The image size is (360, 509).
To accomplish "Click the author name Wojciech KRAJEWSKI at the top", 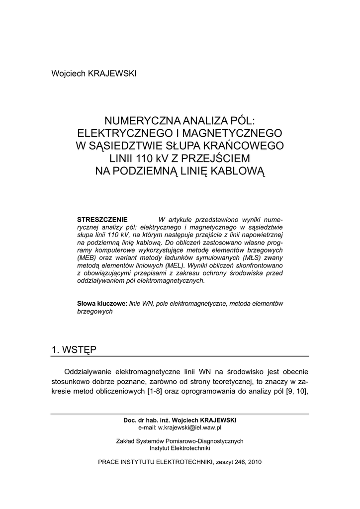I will pyautogui.click(x=94, y=74).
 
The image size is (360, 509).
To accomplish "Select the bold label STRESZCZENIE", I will pyautogui.click(x=102, y=220).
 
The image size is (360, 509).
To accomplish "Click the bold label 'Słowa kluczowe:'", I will pyautogui.click(x=102, y=304).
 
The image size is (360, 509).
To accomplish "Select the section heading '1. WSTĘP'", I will pyautogui.click(x=74, y=349).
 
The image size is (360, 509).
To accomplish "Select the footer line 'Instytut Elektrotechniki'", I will pyautogui.click(x=180, y=448).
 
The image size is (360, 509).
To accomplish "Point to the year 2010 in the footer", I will pyautogui.click(x=254, y=461).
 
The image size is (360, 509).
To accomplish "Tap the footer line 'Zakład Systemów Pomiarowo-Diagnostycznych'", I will pyautogui.click(x=180, y=441).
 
